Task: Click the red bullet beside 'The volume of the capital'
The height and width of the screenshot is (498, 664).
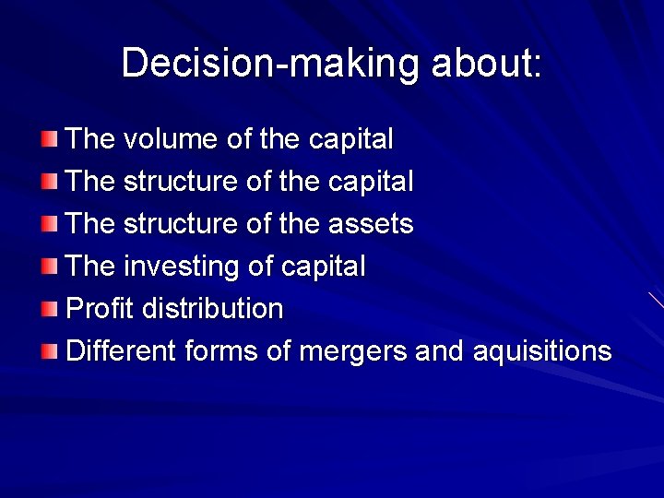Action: pyautogui.click(x=49, y=140)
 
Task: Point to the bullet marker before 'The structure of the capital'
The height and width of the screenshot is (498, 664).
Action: pyautogui.click(x=49, y=183)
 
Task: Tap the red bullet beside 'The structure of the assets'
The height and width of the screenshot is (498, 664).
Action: pyautogui.click(x=49, y=225)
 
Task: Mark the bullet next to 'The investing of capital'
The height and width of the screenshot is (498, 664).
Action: pyautogui.click(x=49, y=267)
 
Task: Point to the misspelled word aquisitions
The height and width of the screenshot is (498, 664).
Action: pyautogui.click(x=541, y=351)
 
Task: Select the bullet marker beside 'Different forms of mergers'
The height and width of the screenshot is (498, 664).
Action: pyautogui.click(x=49, y=352)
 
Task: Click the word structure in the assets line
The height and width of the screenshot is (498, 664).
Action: pyautogui.click(x=181, y=224)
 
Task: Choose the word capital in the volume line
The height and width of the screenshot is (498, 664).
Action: pyautogui.click(x=350, y=139)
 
